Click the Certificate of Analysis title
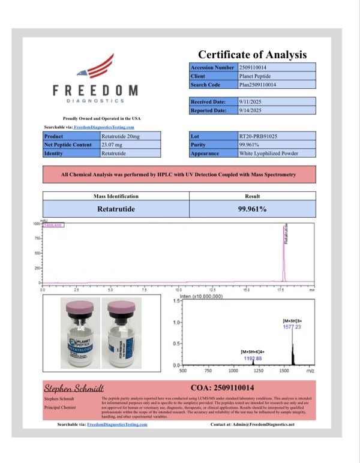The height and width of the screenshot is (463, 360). click(253, 55)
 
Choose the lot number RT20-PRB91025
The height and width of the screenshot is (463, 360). click(259, 137)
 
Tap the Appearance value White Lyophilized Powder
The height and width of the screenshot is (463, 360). click(268, 154)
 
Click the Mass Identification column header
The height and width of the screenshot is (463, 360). click(116, 196)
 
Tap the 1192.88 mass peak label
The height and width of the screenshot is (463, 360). click(251, 357)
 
